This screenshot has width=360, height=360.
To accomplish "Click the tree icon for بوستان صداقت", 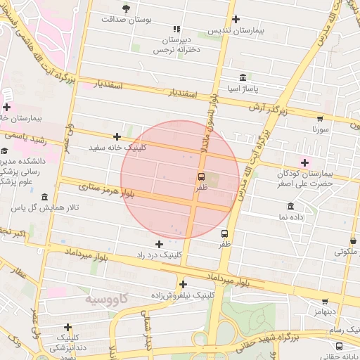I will point(126,8).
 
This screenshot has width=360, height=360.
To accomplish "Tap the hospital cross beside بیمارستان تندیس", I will point(236,20).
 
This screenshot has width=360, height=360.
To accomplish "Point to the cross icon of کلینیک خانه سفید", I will point(117,136).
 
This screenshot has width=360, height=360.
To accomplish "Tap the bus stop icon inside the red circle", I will point(202,176).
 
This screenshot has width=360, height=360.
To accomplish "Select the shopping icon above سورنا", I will point(321,118).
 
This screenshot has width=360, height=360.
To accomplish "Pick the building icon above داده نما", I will point(291,206).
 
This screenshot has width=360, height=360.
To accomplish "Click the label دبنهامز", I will point(326,309).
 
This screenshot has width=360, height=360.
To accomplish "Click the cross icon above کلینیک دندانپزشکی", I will point(67,327).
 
